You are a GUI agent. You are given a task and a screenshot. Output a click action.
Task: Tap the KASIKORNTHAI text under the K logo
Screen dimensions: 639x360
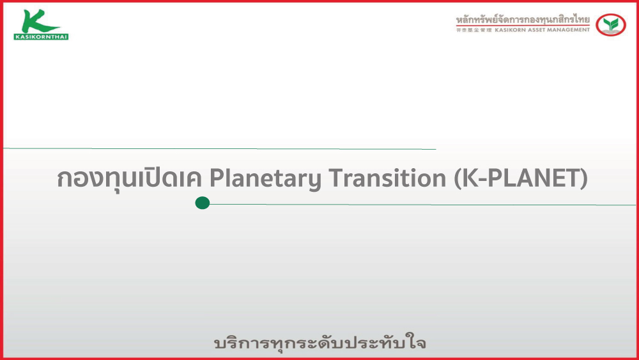click(41, 36)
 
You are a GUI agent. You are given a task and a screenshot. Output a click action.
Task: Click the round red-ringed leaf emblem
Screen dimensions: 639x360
click(610, 24)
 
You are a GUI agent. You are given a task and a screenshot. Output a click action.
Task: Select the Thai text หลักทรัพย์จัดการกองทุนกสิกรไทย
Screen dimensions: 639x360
click(523, 19)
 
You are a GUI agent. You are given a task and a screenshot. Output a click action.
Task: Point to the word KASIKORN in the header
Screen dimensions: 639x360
click(510, 30)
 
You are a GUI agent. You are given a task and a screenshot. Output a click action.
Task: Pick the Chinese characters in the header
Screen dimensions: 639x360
click(473, 30)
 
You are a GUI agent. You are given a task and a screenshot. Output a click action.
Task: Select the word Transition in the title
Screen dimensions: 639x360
click(388, 178)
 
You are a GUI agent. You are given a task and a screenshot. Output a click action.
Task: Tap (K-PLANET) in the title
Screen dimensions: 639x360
click(521, 178)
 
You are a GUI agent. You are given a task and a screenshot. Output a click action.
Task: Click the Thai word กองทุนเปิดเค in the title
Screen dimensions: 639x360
click(129, 178)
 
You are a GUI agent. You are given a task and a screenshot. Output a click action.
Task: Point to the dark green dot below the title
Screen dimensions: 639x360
click(202, 203)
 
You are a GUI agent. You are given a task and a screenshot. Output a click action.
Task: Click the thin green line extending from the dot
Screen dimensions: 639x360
click(422, 204)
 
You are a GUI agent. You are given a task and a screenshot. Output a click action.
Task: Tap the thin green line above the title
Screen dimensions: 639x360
click(220, 149)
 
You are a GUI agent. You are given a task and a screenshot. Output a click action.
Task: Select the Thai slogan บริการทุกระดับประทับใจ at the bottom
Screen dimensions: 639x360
click(320, 343)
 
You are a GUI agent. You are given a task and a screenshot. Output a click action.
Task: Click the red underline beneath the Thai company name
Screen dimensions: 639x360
click(523, 26)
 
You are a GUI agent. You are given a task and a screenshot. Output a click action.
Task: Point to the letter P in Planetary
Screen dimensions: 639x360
click(217, 178)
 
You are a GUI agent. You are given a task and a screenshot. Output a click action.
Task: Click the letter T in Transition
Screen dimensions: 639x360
click(336, 178)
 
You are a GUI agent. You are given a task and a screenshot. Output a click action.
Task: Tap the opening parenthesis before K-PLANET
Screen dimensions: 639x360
click(458, 178)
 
